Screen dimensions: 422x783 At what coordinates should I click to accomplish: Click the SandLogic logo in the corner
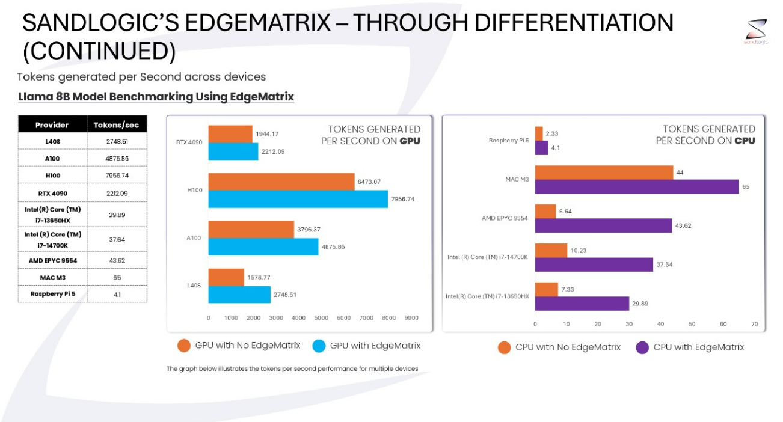click(x=756, y=31)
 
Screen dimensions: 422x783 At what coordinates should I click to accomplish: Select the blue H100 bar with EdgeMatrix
click(x=298, y=199)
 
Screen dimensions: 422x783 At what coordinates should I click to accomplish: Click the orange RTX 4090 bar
click(x=230, y=134)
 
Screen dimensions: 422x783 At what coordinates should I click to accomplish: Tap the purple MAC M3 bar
click(x=637, y=187)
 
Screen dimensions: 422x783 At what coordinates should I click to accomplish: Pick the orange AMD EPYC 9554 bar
click(x=545, y=211)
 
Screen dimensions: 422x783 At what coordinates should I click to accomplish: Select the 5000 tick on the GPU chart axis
click(x=321, y=317)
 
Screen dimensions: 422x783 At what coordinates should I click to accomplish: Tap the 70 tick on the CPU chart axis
click(x=754, y=324)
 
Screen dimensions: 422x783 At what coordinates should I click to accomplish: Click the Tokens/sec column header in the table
click(x=117, y=125)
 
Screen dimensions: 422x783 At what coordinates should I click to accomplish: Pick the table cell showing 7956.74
click(x=117, y=176)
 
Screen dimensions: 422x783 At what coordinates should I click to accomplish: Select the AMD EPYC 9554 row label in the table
click(x=53, y=260)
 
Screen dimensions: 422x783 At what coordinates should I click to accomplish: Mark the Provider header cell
click(x=52, y=125)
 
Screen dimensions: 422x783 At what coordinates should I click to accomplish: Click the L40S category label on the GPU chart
click(x=193, y=286)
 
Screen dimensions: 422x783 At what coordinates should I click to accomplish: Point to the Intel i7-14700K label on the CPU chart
click(x=487, y=257)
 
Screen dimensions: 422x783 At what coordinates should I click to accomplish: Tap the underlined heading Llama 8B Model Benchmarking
click(x=156, y=97)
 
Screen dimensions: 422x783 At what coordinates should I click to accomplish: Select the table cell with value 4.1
click(x=117, y=294)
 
